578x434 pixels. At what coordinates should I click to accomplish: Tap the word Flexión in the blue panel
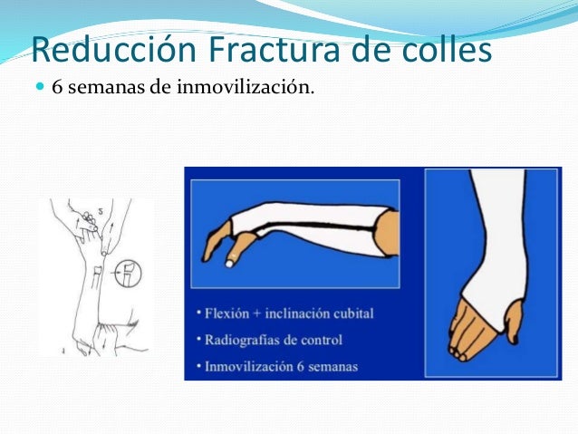pos(225,313)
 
